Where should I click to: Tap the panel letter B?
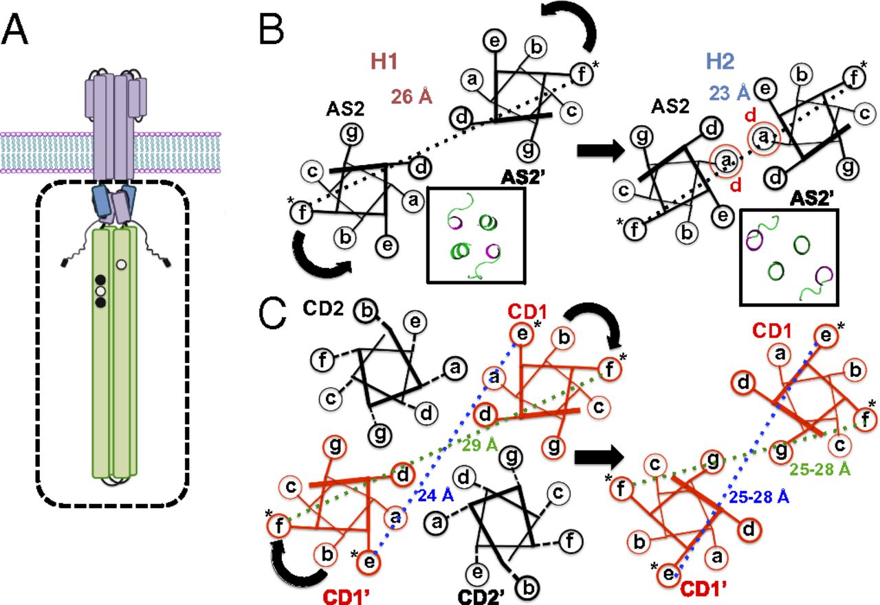pos(272,31)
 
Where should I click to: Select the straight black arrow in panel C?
pos(597,454)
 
